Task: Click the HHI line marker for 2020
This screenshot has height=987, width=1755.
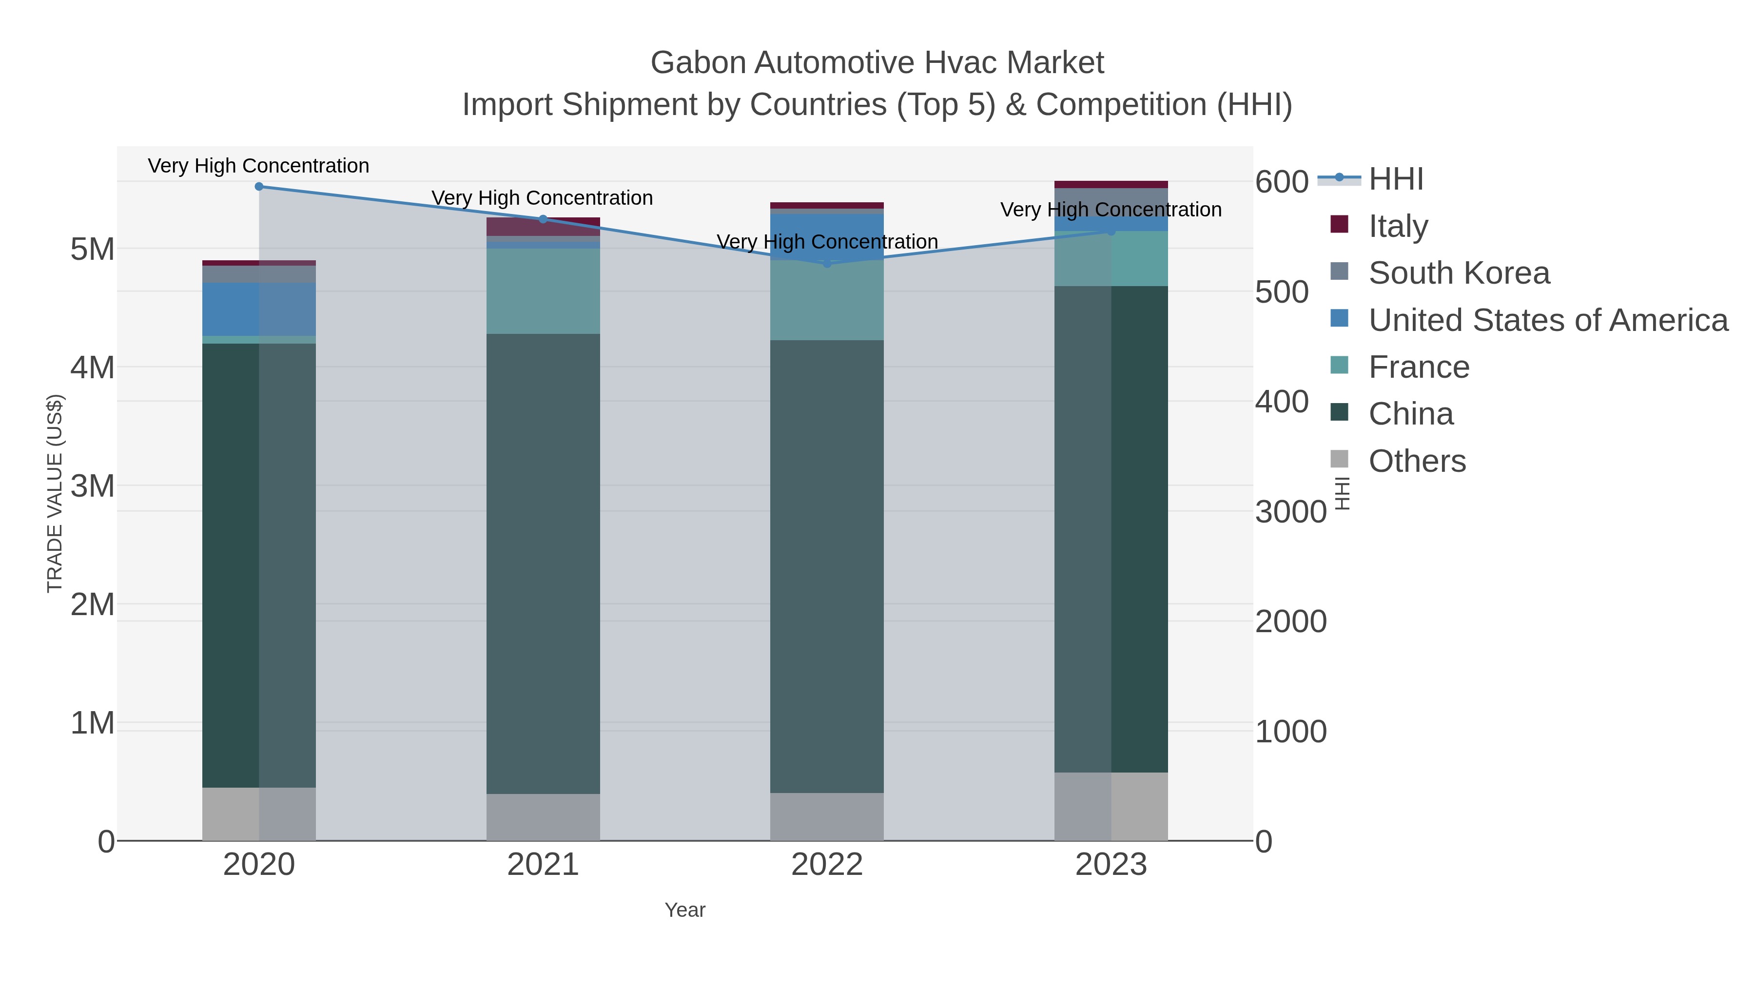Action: point(259,187)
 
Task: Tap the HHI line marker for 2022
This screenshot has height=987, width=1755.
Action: point(827,264)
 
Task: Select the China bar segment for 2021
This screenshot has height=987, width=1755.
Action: point(543,563)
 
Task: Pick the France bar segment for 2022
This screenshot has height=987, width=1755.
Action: point(827,300)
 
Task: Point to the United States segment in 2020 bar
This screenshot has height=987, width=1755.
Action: point(259,309)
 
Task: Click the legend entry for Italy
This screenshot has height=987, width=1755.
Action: point(1398,226)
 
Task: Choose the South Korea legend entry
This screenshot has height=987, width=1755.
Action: point(1459,273)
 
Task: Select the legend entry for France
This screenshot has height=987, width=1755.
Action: point(1419,367)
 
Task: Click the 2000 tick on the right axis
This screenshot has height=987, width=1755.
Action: point(1290,621)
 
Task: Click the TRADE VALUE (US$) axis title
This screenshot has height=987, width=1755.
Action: point(55,493)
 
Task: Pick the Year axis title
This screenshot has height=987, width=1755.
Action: point(685,910)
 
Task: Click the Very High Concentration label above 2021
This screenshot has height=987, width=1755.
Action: point(542,198)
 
